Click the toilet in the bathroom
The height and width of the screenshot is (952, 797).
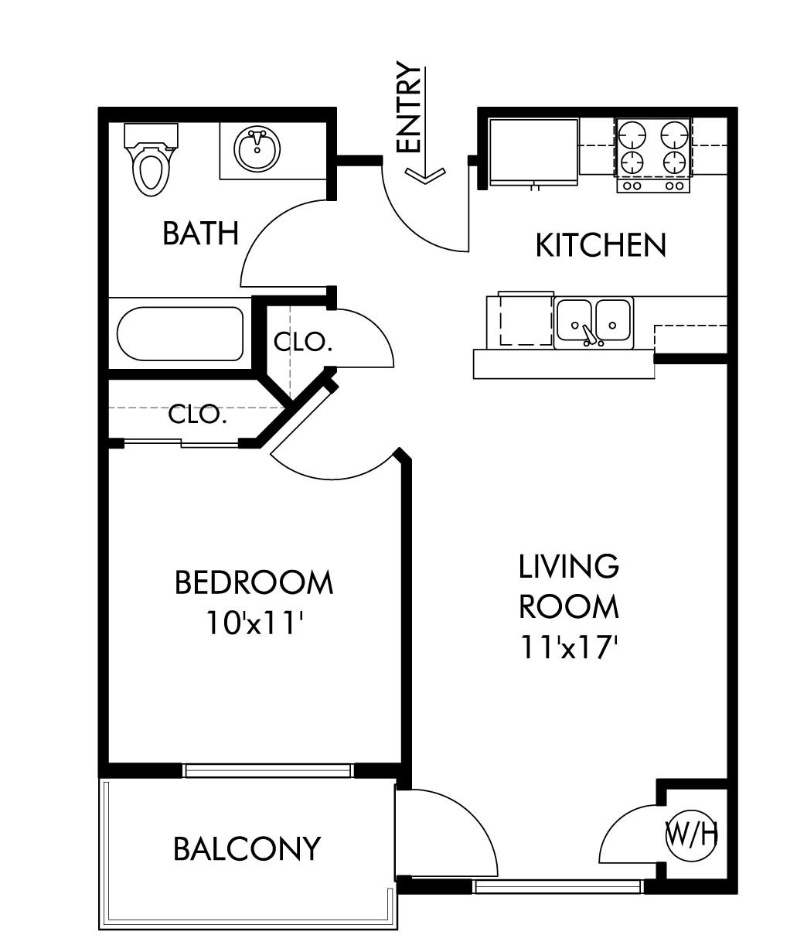pos(151,159)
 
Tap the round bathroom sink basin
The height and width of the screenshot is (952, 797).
pos(257,149)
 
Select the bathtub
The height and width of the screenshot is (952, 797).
pos(180,334)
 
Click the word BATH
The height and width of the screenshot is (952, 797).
pos(200,233)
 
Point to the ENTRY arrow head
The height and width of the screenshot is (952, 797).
pos(424,176)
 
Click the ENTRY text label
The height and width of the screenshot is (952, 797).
pos(408,107)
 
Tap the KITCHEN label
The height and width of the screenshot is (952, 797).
pos(601,245)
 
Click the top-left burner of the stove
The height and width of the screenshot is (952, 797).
pos(632,135)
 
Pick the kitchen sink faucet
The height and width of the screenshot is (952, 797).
pos(588,336)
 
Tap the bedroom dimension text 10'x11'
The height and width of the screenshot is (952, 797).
pos(255,623)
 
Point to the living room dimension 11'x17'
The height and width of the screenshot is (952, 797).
pos(569,647)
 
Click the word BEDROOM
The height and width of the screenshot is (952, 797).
pos(254,582)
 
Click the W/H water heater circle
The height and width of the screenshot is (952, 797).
pos(691,834)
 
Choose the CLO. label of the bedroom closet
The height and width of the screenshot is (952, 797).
pos(197,414)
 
